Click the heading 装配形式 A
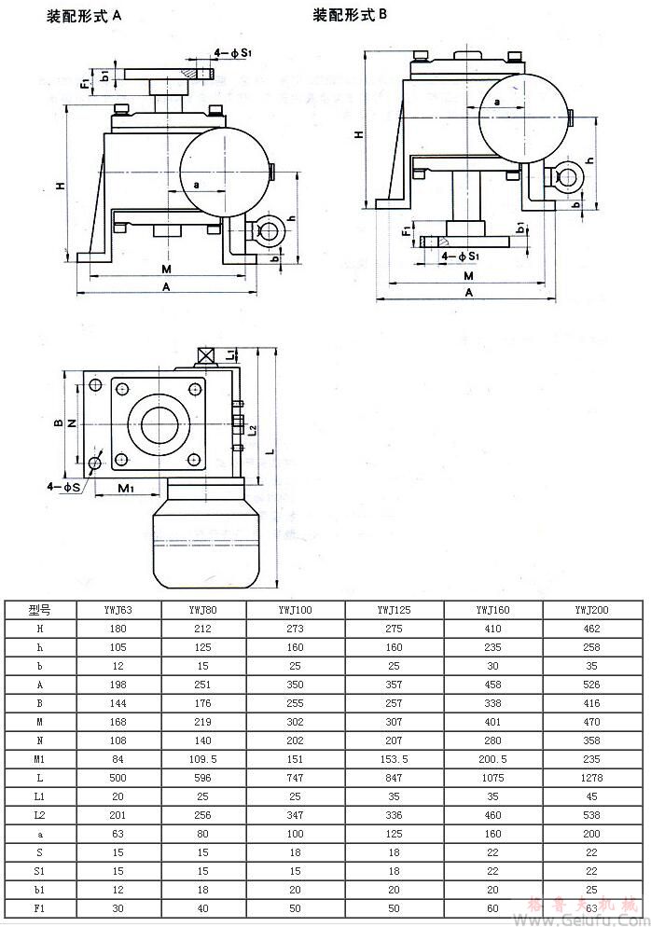tap(85, 17)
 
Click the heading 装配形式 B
tap(349, 15)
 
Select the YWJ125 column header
tap(394, 610)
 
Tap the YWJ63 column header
tap(118, 610)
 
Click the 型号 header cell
tap(40, 610)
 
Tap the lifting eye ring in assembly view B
tap(568, 178)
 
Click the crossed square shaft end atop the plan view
tap(205, 355)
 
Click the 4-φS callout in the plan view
tap(63, 486)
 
